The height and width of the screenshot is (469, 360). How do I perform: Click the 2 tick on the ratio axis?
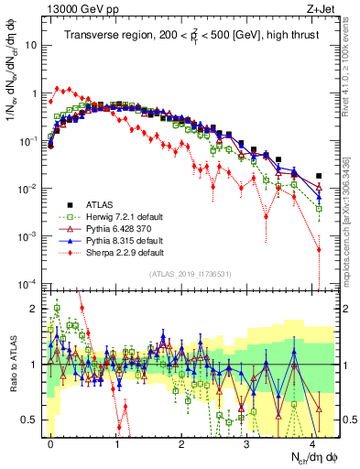(x=36, y=308)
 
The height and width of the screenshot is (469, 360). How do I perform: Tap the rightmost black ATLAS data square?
(x=319, y=176)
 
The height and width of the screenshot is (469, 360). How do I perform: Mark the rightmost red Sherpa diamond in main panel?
(x=319, y=249)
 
